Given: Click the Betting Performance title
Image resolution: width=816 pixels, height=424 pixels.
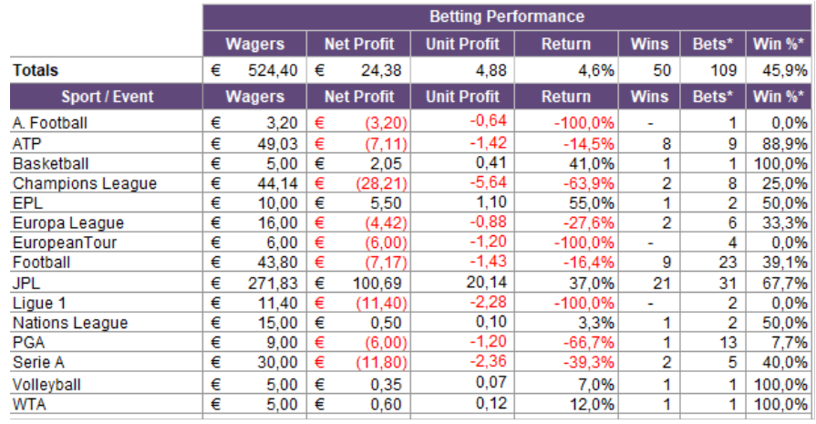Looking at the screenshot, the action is (x=506, y=16).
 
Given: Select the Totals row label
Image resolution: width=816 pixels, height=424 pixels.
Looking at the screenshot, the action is (x=36, y=70).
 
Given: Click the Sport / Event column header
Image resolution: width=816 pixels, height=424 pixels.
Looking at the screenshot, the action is (x=108, y=97).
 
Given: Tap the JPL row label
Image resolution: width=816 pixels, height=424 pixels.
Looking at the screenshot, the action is (x=26, y=284).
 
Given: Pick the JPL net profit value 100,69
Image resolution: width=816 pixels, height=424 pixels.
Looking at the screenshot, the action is (x=377, y=284).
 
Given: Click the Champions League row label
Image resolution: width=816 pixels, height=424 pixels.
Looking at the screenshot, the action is (x=85, y=183).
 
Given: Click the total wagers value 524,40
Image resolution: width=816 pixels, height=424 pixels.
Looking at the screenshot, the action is (x=273, y=70).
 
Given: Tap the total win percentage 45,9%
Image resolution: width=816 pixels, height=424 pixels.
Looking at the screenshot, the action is (x=785, y=70).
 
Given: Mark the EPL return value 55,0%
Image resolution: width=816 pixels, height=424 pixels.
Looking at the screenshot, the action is (x=591, y=203).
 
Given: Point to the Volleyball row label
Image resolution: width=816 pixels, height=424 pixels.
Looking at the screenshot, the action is (x=46, y=385).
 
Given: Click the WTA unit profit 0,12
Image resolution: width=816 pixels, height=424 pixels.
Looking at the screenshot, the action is (x=491, y=403).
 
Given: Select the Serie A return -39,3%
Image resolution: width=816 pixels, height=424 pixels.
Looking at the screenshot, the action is (x=589, y=363).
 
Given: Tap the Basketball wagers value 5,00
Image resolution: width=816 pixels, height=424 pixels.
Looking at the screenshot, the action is (x=282, y=164).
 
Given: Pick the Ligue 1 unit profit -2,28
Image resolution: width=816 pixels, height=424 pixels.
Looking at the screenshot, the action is (x=488, y=302).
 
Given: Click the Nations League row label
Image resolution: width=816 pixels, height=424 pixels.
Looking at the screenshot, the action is (x=70, y=323).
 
